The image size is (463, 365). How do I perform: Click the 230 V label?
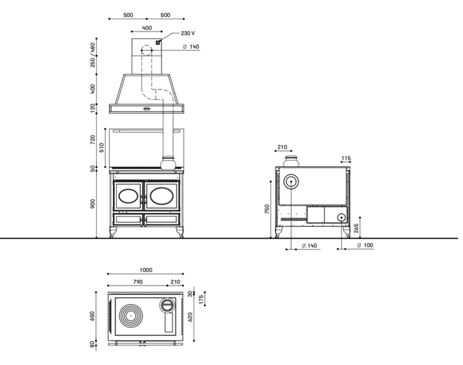click(x=188, y=33)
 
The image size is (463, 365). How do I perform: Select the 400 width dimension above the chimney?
click(x=147, y=28)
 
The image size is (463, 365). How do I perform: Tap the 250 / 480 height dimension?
click(x=93, y=55)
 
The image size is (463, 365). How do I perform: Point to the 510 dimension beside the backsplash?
click(x=102, y=147)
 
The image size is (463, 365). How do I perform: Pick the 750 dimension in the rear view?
click(x=267, y=209)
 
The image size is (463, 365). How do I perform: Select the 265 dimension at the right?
click(x=356, y=228)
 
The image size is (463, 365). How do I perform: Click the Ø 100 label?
click(x=365, y=245)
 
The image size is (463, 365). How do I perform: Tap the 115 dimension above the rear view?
click(x=346, y=158)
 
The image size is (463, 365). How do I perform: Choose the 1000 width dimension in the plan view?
click(x=146, y=270)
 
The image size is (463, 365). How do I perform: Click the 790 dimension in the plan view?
click(x=138, y=282)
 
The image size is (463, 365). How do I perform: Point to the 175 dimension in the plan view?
click(x=202, y=299)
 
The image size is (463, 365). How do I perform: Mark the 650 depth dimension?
click(x=93, y=316)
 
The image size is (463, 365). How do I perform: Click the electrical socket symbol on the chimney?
click(x=158, y=42)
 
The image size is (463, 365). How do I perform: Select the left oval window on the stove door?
click(x=128, y=196)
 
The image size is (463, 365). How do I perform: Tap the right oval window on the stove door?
click(x=162, y=196)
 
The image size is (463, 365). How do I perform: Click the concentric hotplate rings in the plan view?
click(x=131, y=316)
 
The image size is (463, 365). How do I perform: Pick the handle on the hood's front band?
click(x=147, y=109)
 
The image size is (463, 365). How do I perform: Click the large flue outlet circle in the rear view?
click(x=291, y=182)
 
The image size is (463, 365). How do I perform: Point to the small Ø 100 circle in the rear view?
click(x=342, y=218)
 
